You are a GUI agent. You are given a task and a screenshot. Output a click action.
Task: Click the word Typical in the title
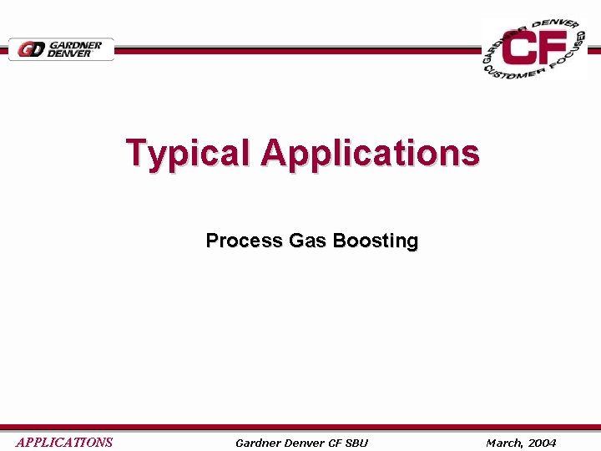[189, 154]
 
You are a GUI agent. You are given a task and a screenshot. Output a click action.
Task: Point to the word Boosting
[375, 241]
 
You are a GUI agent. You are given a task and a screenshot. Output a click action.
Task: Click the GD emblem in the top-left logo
[31, 49]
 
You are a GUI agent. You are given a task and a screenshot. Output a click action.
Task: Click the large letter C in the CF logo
[523, 49]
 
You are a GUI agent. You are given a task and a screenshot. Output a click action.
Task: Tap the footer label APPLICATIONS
[64, 443]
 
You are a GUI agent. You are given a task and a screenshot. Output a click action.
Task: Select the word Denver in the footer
[306, 443]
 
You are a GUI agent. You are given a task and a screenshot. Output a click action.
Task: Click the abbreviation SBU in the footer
[357, 443]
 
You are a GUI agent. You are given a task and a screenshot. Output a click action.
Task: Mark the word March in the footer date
[505, 443]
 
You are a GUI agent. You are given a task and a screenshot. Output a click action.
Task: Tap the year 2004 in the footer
[542, 443]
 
